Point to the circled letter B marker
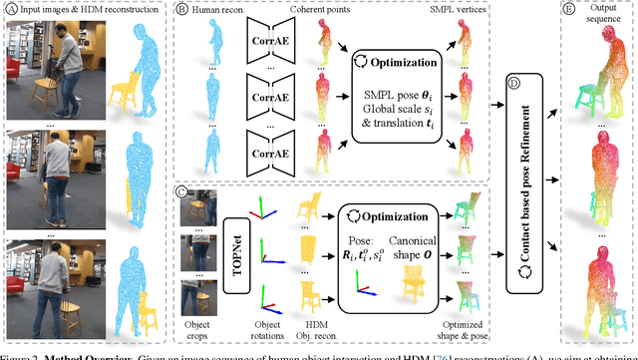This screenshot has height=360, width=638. [181, 10]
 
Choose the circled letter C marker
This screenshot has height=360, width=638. [181, 189]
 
